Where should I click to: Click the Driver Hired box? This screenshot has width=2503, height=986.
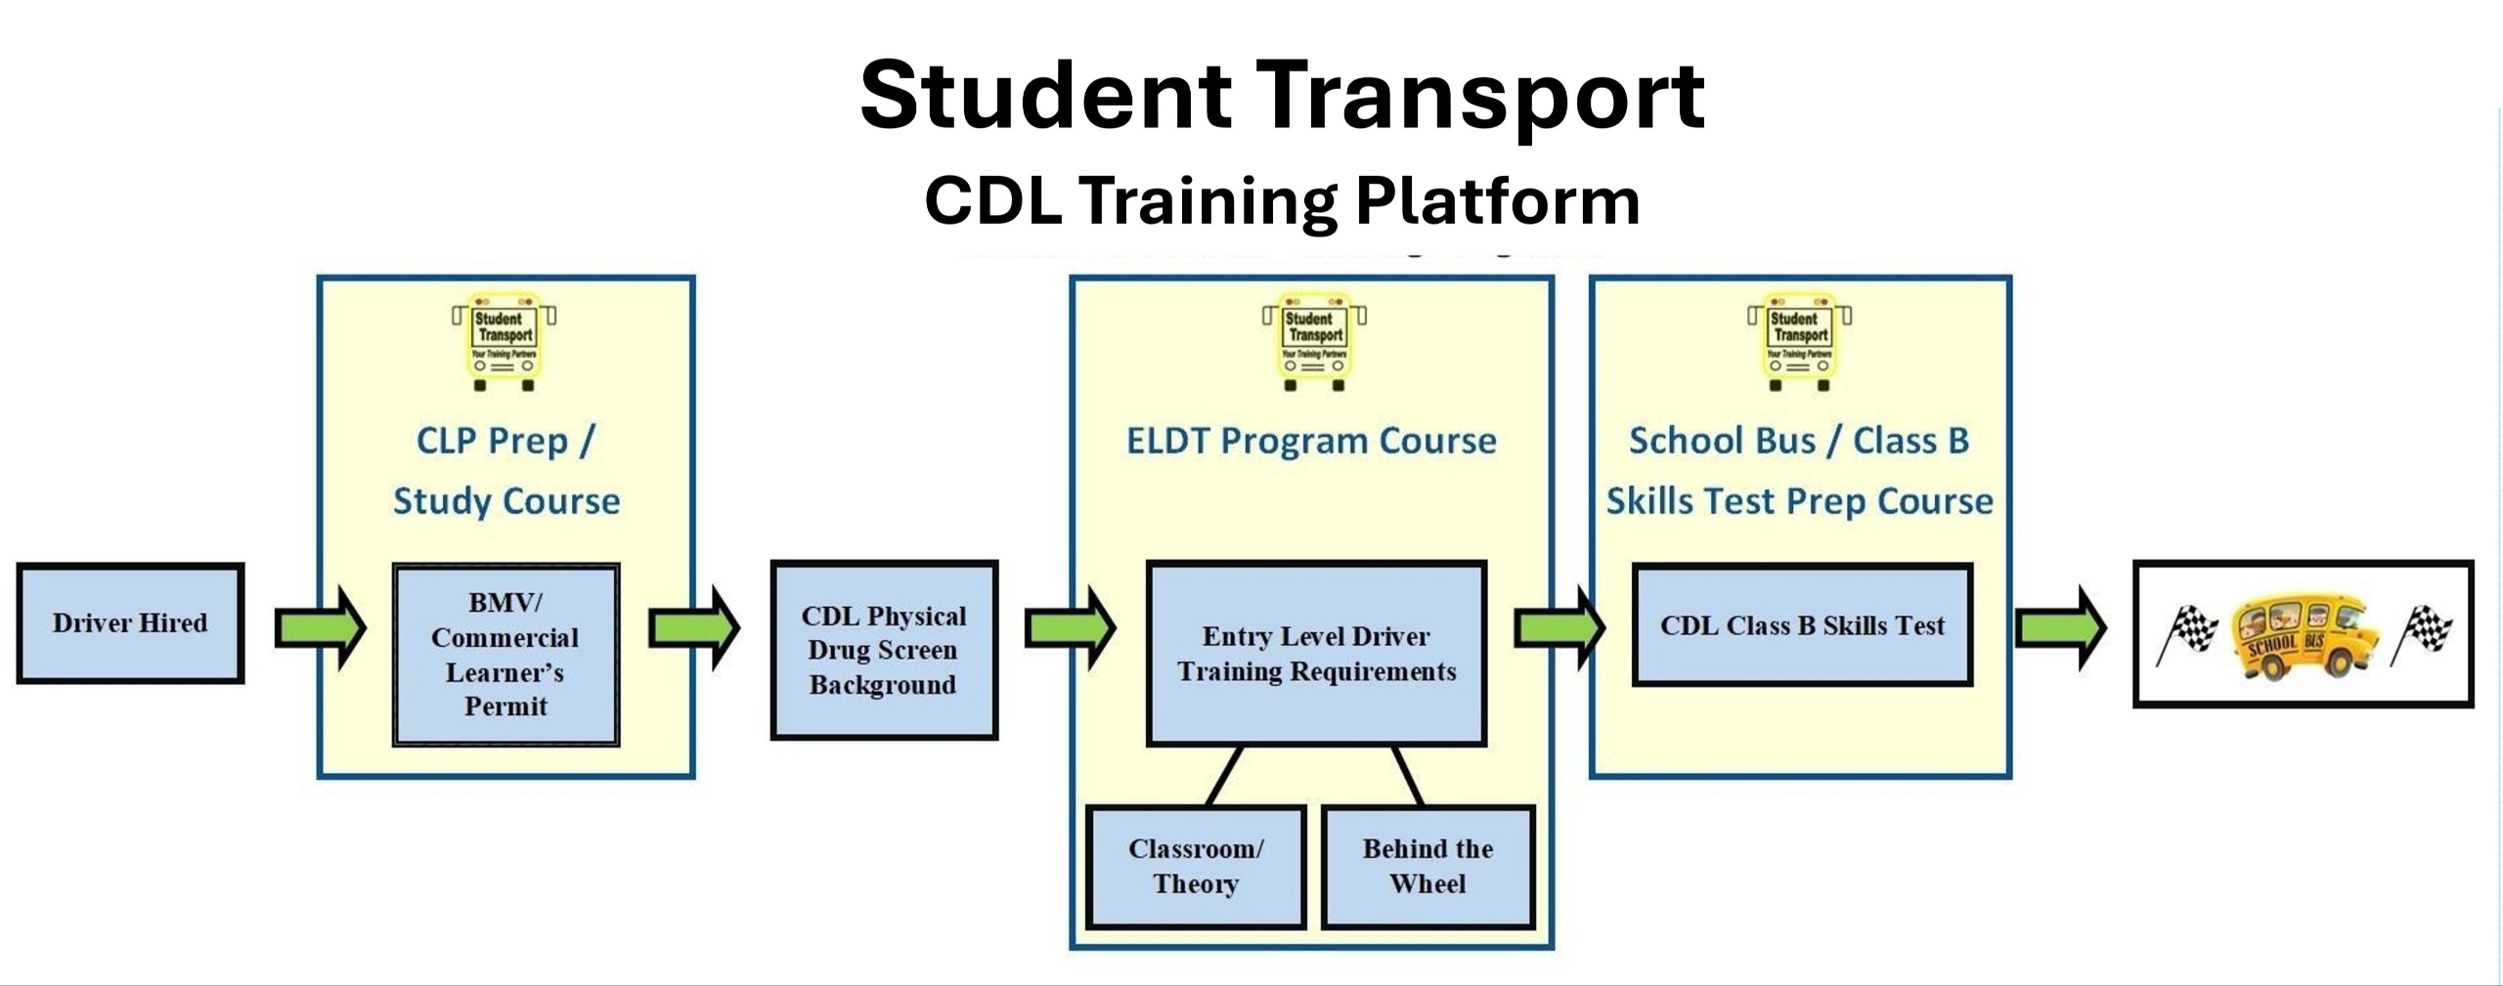(x=130, y=622)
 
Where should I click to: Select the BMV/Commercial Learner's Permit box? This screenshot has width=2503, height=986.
(x=505, y=654)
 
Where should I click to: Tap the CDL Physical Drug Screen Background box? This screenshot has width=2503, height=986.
(x=884, y=650)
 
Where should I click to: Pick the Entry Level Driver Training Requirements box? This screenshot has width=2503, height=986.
(x=1316, y=653)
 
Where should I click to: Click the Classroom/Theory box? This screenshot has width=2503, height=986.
(x=1196, y=867)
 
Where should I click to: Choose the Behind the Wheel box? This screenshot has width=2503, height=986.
(x=1427, y=867)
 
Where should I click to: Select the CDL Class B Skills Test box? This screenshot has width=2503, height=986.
(x=1802, y=625)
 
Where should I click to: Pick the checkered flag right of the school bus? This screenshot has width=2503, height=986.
(x=2422, y=633)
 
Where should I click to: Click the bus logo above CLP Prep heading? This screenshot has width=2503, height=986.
(x=505, y=341)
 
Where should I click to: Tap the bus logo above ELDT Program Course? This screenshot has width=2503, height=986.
(x=1314, y=341)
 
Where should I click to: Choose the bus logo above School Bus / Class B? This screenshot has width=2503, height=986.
(x=1799, y=341)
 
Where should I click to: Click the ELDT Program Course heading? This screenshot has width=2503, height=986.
(x=1311, y=442)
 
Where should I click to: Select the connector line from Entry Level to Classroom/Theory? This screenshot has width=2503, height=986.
(x=1225, y=776)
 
